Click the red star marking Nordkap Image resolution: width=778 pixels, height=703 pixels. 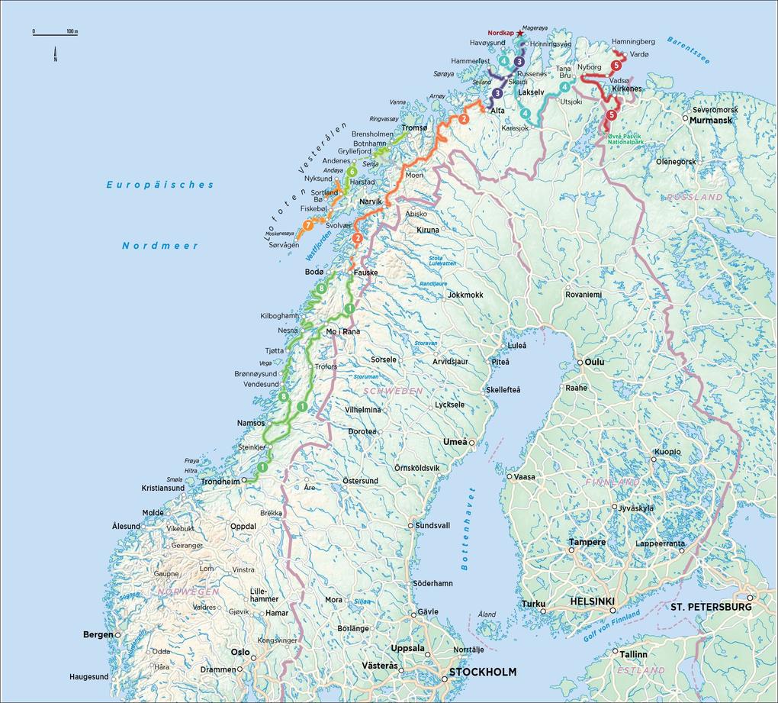pyautogui.click(x=520, y=34)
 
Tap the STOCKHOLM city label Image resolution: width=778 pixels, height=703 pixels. pyautogui.click(x=482, y=672)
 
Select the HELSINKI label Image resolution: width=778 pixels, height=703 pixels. pyautogui.click(x=593, y=601)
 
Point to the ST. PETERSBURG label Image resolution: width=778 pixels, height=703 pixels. pyautogui.click(x=711, y=607)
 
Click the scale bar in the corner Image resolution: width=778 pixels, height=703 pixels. pyautogui.click(x=55, y=33)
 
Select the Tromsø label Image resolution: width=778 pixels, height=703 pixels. pyautogui.click(x=414, y=127)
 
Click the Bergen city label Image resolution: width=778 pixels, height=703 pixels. pyautogui.click(x=98, y=634)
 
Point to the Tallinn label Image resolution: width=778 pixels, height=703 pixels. pyautogui.click(x=633, y=654)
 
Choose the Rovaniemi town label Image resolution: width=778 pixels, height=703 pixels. pyautogui.click(x=583, y=294)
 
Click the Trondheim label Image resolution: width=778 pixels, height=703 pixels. pyautogui.click(x=220, y=482)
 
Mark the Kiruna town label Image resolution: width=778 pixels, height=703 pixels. pyautogui.click(x=428, y=230)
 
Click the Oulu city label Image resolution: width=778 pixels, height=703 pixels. pyautogui.click(x=593, y=362)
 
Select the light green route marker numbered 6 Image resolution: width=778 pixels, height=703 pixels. pyautogui.click(x=352, y=172)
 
